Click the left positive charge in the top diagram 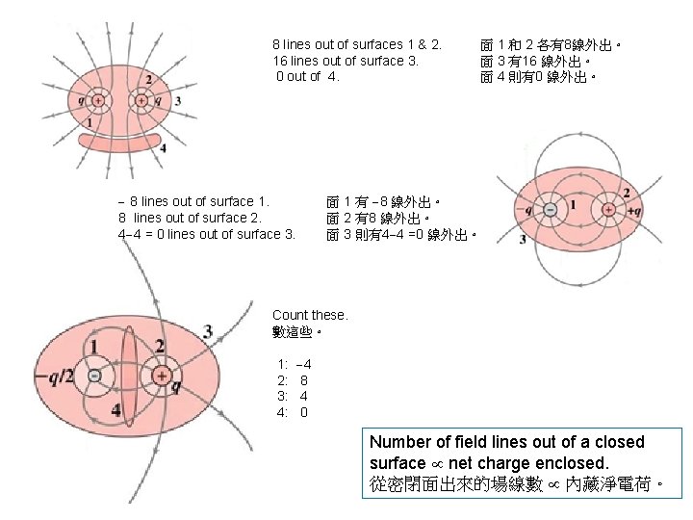pyautogui.click(x=97, y=100)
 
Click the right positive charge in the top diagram pyautogui.click(x=141, y=100)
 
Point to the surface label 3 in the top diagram pyautogui.click(x=178, y=101)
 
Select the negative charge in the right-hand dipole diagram pyautogui.click(x=549, y=210)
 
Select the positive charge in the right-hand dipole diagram pyautogui.click(x=608, y=210)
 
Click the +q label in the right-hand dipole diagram pyautogui.click(x=633, y=210)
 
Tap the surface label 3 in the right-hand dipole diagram pyautogui.click(x=523, y=240)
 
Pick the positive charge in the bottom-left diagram pyautogui.click(x=162, y=376)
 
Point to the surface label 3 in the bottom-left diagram pyautogui.click(x=208, y=331)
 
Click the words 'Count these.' pyautogui.click(x=310, y=315)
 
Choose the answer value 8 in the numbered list pyautogui.click(x=304, y=380)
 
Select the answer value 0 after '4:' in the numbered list pyautogui.click(x=304, y=413)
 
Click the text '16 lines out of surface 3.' pyautogui.click(x=346, y=61)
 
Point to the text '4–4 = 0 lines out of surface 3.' pyautogui.click(x=206, y=234)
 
